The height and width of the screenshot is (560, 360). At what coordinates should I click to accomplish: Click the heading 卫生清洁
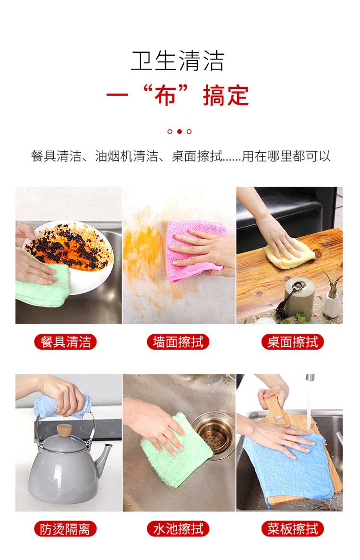click(177, 61)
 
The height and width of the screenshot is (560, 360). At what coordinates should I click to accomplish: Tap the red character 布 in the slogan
click(166, 96)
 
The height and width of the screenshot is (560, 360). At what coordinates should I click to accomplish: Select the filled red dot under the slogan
click(180, 132)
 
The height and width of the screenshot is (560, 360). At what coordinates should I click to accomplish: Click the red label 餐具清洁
click(65, 342)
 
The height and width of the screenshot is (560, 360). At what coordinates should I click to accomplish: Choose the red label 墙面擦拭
click(178, 342)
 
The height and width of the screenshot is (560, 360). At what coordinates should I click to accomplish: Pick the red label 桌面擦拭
click(293, 342)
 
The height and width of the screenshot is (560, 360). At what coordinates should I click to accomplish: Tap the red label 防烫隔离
click(65, 529)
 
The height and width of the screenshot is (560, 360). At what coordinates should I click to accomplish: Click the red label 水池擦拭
click(178, 529)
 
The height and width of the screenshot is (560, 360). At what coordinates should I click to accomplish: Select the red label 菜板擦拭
click(293, 529)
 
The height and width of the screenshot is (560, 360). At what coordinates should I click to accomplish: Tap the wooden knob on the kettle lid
click(64, 429)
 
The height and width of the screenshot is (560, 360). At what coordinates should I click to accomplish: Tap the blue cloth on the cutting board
click(289, 468)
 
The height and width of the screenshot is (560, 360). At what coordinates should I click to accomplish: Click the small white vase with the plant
click(333, 304)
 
